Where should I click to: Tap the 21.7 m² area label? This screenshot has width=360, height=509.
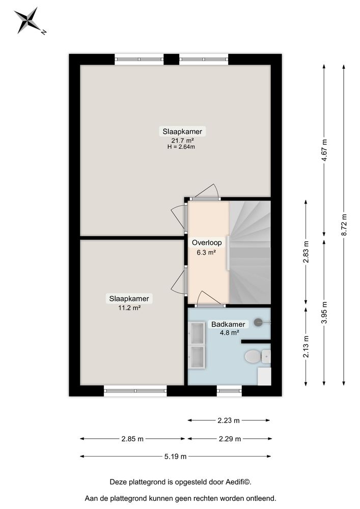point(182,140)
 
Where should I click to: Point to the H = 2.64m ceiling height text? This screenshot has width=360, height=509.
point(182,147)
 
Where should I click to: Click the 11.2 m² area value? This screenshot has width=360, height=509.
point(129,307)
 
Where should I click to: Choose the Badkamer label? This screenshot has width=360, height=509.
point(229,324)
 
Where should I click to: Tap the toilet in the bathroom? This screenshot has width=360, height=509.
point(254,357)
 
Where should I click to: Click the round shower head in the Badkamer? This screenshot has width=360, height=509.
point(259,322)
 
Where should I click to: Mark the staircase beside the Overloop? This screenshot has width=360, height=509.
point(250,252)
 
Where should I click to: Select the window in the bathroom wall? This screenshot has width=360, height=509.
point(229,390)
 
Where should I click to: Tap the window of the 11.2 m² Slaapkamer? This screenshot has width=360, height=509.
point(135,390)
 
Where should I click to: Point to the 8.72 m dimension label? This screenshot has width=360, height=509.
point(344,224)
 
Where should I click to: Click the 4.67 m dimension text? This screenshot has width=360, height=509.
point(324,150)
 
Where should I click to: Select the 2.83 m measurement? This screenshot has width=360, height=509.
point(306,251)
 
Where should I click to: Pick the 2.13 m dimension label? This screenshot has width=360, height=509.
point(306,346)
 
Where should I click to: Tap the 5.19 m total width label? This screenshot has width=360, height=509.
point(176,456)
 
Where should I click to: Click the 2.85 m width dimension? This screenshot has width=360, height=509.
point(132,438)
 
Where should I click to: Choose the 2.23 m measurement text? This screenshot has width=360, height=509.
point(229,420)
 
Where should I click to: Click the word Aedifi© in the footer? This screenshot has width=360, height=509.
point(238,482)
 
